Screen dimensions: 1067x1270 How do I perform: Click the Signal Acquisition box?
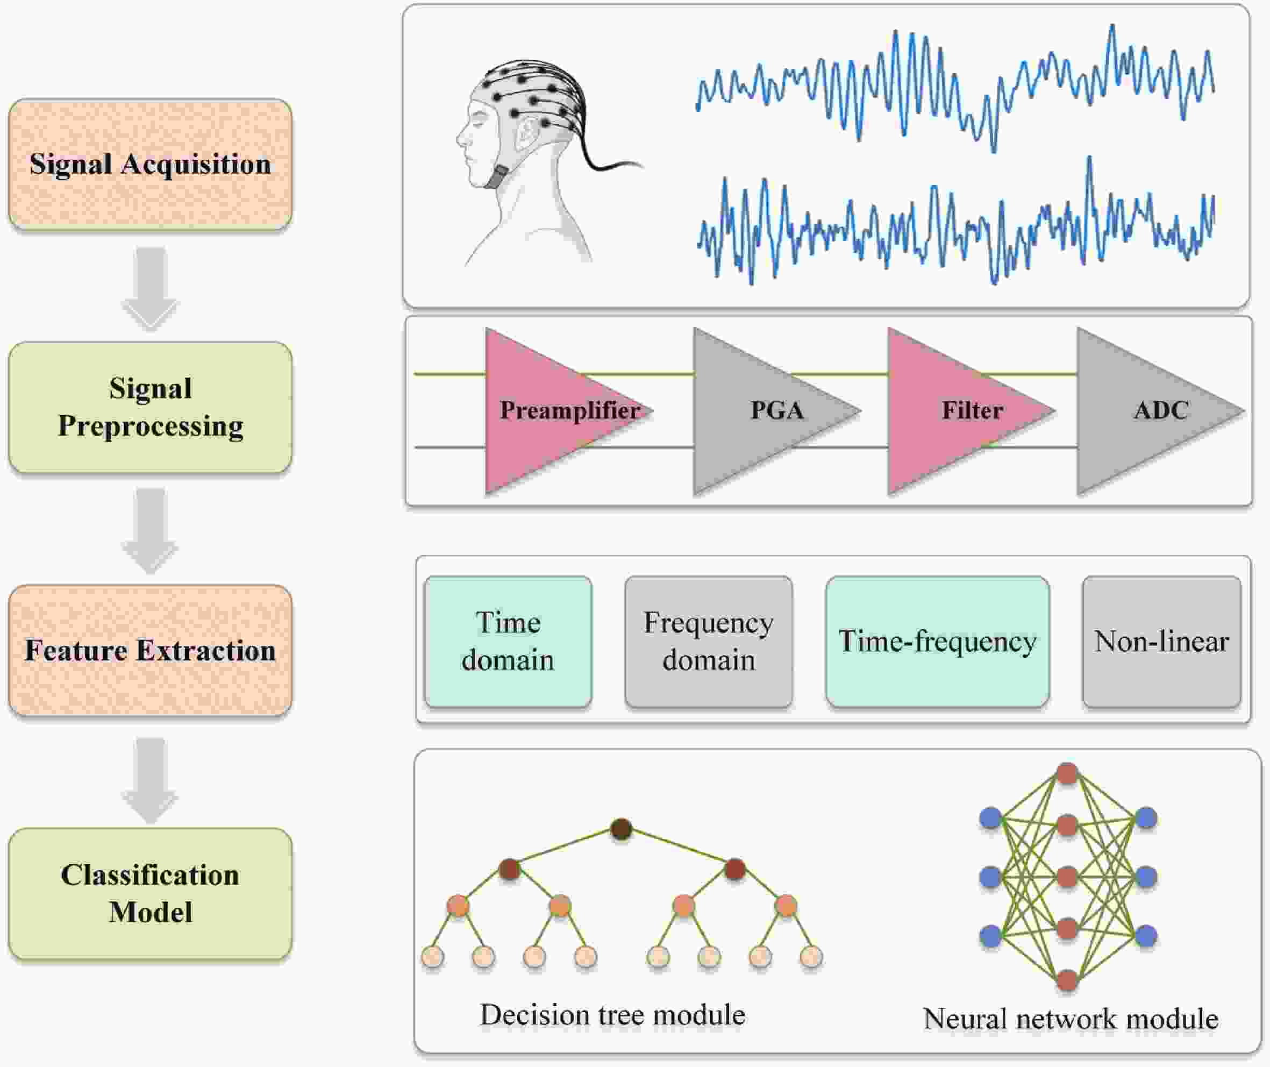pyautogui.click(x=150, y=164)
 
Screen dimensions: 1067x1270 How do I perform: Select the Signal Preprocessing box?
pyautogui.click(x=150, y=407)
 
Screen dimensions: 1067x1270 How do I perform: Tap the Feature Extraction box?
pyautogui.click(x=150, y=650)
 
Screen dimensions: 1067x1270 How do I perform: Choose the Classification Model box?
pyautogui.click(x=150, y=893)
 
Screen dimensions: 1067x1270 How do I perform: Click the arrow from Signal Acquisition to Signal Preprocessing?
pyautogui.click(x=150, y=287)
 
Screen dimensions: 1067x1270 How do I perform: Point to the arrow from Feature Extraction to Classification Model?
pyautogui.click(x=150, y=779)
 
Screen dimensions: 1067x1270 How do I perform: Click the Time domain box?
pyautogui.click(x=508, y=641)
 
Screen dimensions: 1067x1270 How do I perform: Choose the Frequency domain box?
pyautogui.click(x=708, y=641)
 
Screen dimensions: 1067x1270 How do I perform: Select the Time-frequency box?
pyautogui.click(x=937, y=641)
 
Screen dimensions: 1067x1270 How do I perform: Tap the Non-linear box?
pyautogui.click(x=1161, y=641)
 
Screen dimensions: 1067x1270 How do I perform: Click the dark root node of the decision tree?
pyautogui.click(x=621, y=829)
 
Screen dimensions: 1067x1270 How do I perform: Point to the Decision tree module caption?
pyautogui.click(x=612, y=1015)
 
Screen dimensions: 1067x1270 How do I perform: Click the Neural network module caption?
pyautogui.click(x=1071, y=1019)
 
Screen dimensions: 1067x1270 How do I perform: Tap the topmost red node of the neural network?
pyautogui.click(x=1067, y=773)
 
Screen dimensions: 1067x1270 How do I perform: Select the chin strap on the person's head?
pyautogui.click(x=500, y=176)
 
